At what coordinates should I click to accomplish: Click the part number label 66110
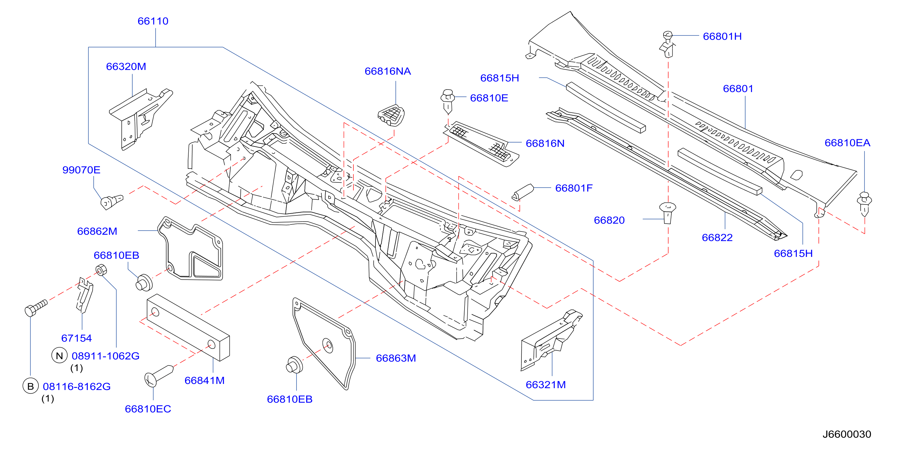(x=153, y=21)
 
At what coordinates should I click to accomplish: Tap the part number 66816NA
(x=388, y=71)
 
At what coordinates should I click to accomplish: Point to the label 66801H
(x=722, y=37)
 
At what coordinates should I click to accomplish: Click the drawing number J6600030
(x=846, y=434)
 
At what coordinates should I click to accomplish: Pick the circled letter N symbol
(x=60, y=356)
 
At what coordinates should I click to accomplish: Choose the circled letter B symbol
(x=31, y=386)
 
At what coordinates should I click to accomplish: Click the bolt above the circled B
(x=36, y=308)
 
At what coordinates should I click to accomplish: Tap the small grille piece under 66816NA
(x=391, y=116)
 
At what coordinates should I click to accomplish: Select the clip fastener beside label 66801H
(x=667, y=44)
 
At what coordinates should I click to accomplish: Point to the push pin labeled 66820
(x=667, y=213)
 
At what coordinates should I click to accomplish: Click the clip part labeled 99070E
(x=112, y=202)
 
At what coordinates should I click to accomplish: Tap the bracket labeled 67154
(x=85, y=295)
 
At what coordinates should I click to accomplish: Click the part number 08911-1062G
(x=106, y=356)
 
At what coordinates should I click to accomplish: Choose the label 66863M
(x=396, y=358)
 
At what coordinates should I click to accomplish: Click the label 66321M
(x=545, y=385)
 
